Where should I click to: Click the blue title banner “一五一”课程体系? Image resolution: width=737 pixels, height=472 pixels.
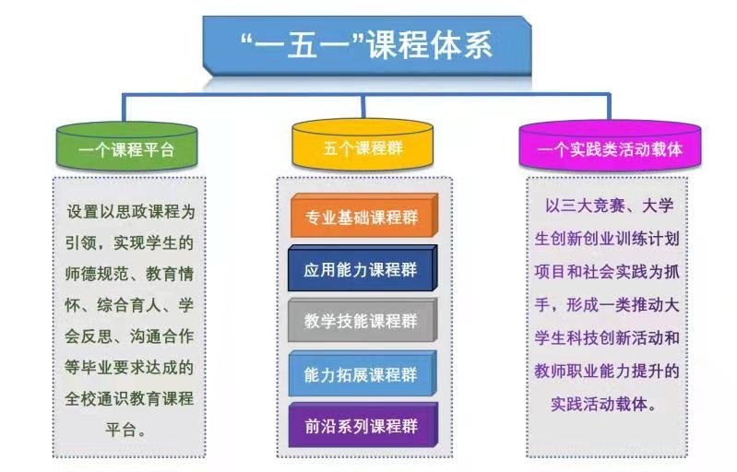point(367,45)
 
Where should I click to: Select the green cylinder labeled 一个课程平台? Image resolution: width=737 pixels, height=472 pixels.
point(126,146)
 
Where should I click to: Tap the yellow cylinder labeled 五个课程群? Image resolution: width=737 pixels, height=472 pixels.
point(363,145)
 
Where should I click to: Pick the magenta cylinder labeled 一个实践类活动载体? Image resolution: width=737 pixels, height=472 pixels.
point(610,146)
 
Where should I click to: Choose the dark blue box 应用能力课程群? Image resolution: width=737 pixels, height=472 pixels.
point(363,268)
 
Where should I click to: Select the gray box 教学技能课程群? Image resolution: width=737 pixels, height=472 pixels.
point(363,320)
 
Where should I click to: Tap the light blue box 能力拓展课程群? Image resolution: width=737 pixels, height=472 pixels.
point(363,373)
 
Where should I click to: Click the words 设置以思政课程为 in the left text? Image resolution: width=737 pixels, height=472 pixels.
point(131,212)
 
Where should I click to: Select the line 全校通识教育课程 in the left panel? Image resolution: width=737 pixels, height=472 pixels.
point(129,399)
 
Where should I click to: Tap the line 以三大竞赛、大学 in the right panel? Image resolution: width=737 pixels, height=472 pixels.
point(610,206)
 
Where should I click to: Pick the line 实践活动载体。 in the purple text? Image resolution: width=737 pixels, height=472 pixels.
point(604,404)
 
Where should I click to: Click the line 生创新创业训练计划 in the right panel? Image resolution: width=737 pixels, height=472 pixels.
point(607,239)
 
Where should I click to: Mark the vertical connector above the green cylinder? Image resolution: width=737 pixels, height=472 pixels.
point(124,108)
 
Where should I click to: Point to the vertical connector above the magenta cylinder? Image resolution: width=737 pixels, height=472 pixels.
point(609,107)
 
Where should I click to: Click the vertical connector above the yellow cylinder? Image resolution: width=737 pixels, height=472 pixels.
point(363,107)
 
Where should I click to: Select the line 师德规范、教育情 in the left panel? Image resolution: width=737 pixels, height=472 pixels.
point(129,274)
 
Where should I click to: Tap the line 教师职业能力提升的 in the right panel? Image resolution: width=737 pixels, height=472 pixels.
point(607,371)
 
